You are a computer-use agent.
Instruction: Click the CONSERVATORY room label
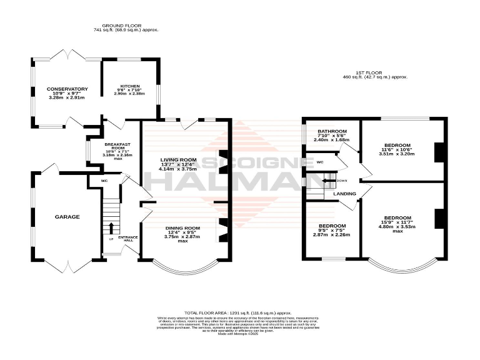coord(67,89)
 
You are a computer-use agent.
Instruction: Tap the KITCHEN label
coord(130,86)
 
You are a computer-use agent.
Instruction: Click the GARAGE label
coord(67,217)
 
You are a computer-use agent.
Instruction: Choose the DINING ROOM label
coord(182,228)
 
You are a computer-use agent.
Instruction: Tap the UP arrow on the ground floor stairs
coord(112,227)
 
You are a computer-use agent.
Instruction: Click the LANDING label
coord(344,194)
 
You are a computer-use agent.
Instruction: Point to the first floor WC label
coord(319,162)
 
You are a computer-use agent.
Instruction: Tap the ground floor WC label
coord(96,181)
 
